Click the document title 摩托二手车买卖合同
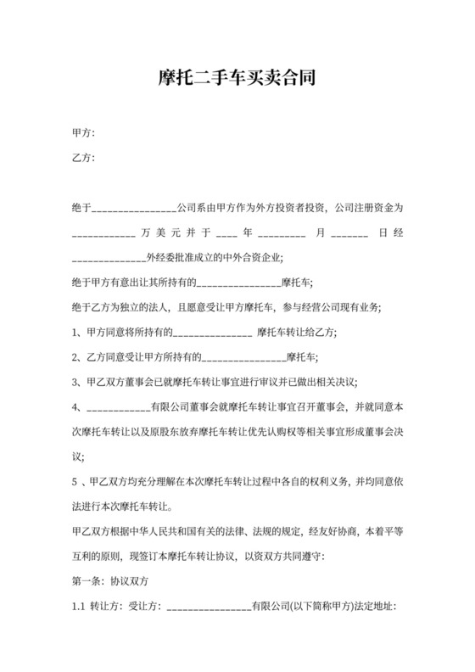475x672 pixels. (x=237, y=79)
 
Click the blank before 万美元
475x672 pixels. (x=103, y=232)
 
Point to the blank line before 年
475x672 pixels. (x=226, y=232)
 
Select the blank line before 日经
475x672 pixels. (x=349, y=232)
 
